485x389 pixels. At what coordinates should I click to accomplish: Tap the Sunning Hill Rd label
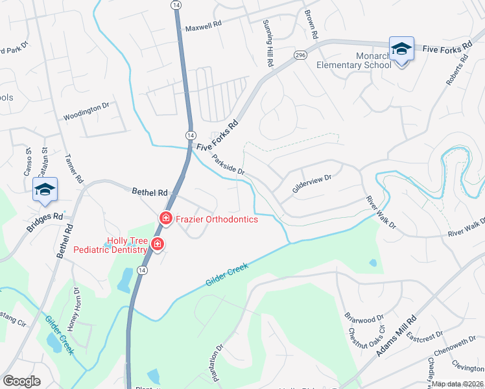click(266, 42)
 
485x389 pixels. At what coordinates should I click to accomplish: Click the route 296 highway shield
click(300, 56)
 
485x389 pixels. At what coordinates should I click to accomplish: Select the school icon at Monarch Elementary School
click(401, 49)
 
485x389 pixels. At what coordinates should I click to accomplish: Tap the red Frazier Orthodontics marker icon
click(166, 218)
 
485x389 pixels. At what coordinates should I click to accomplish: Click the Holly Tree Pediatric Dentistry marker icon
click(157, 244)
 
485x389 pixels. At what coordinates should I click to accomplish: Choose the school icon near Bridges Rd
click(45, 189)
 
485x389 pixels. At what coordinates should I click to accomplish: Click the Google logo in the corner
click(21, 381)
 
